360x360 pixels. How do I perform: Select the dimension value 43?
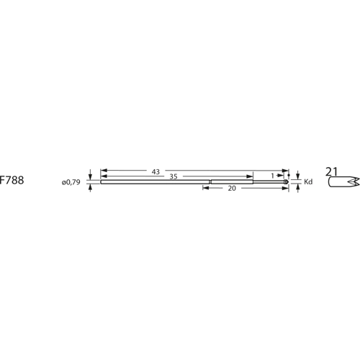click(156, 171)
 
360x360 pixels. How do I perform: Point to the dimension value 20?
click(232, 187)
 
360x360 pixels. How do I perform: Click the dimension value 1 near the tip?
click(272, 176)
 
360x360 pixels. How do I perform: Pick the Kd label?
click(308, 181)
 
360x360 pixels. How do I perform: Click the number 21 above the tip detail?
click(332, 171)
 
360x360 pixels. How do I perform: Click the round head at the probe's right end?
click(287, 181)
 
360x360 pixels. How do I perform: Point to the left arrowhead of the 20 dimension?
click(204, 187)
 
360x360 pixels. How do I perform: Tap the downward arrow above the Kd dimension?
click(297, 176)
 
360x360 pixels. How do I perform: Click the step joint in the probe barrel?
click(210, 181)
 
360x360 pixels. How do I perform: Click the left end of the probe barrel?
click(101, 181)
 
